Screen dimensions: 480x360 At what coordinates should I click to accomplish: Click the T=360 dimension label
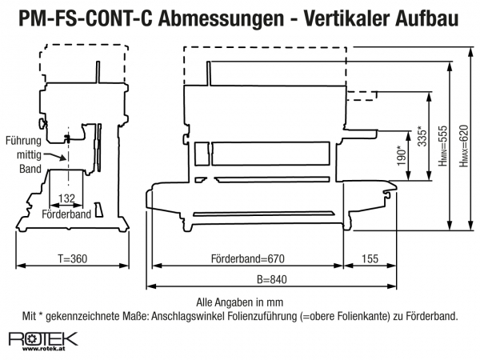click(x=73, y=259)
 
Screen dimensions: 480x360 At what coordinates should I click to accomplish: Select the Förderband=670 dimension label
click(x=248, y=259)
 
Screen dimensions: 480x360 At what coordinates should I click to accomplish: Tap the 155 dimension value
click(x=370, y=259)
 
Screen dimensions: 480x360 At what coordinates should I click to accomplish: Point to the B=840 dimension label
click(x=272, y=279)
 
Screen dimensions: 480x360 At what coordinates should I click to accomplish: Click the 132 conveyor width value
click(x=66, y=198)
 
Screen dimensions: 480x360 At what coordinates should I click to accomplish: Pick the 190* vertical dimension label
click(x=402, y=156)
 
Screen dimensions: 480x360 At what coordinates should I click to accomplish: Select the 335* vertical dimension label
click(x=422, y=136)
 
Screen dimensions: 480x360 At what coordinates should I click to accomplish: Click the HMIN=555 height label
click(x=442, y=146)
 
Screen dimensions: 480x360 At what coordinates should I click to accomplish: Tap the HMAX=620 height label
click(x=463, y=146)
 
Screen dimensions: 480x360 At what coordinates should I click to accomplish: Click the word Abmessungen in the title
click(x=222, y=18)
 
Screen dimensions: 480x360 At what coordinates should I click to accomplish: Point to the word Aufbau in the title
click(x=427, y=18)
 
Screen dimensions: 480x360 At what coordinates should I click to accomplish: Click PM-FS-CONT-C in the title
click(x=86, y=18)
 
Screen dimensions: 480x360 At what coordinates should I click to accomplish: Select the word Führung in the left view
click(x=23, y=141)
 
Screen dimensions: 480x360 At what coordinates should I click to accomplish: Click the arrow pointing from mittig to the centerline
click(x=54, y=157)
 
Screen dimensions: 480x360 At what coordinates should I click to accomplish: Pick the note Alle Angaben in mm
click(x=240, y=302)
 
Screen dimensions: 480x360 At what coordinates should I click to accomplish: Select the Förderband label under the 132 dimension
click(x=66, y=214)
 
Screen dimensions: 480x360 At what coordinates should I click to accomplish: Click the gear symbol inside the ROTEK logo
click(x=32, y=338)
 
